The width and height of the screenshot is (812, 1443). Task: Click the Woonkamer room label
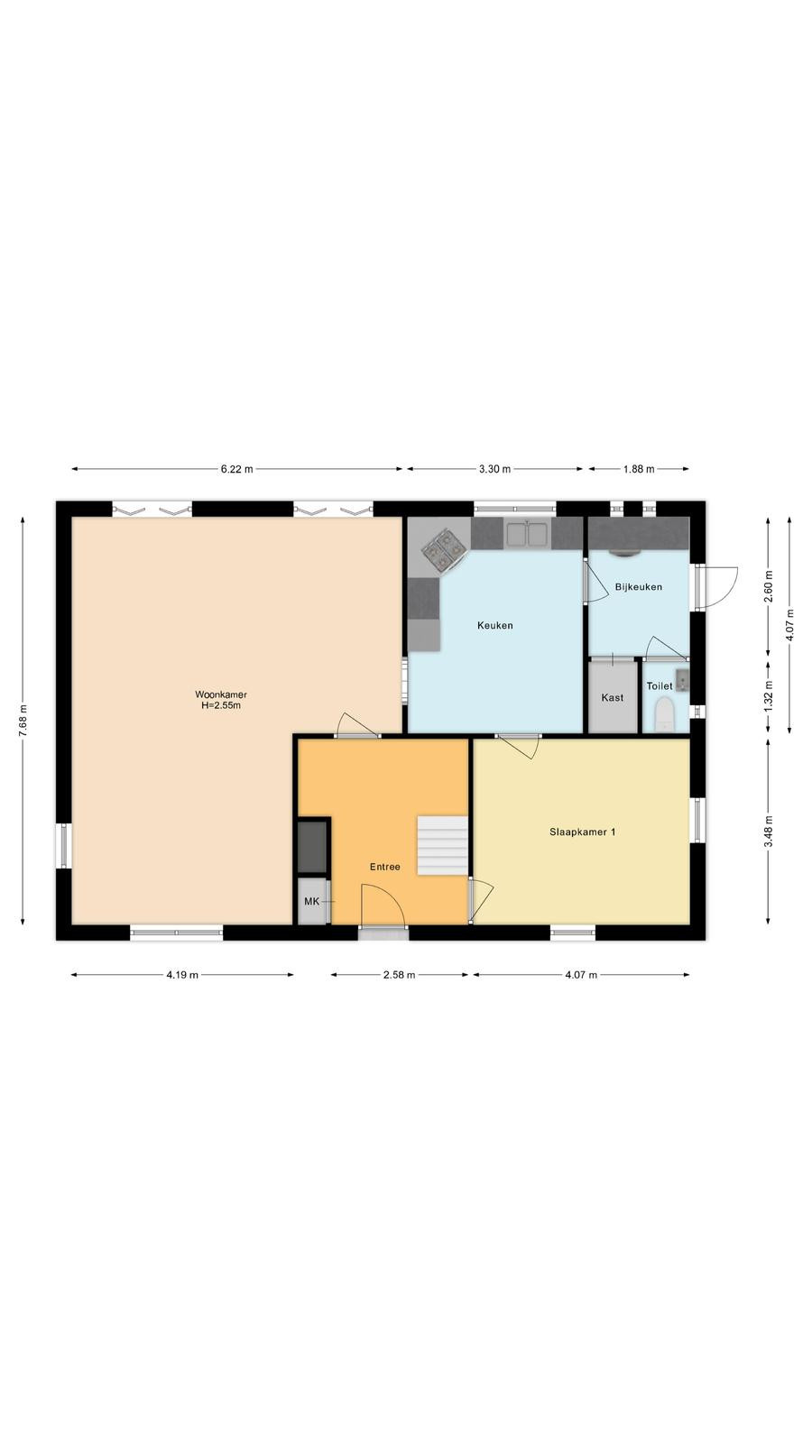[x=221, y=694]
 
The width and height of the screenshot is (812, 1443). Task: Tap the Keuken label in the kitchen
[x=495, y=625]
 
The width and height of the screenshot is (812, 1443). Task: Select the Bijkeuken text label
[x=639, y=587]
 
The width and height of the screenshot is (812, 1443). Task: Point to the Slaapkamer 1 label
[x=583, y=832]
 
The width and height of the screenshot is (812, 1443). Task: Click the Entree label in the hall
[x=384, y=867]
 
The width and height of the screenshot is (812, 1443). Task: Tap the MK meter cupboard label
[x=312, y=901]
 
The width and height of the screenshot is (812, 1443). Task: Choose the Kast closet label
[x=613, y=697]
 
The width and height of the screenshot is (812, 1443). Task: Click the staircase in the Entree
[x=443, y=845]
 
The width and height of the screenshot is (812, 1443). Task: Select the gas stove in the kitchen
[x=444, y=549]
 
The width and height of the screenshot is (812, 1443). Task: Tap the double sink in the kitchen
[x=527, y=533]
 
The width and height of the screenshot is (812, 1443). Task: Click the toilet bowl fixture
[x=664, y=716]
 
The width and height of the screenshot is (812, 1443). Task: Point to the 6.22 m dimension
[x=237, y=469]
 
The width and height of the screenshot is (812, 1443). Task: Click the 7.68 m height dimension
[x=23, y=721]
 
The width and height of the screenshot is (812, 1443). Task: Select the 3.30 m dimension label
[x=495, y=469]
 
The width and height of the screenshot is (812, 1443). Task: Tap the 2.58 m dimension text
[x=400, y=975]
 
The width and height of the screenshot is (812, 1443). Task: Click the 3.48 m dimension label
[x=768, y=832]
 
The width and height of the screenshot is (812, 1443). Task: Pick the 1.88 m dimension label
[x=639, y=469]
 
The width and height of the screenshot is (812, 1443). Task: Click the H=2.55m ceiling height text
[x=221, y=705]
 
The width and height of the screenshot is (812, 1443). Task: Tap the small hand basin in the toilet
[x=682, y=680]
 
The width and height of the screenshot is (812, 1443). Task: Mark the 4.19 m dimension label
[x=182, y=975]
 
